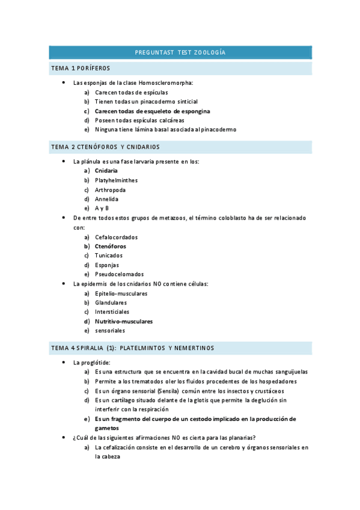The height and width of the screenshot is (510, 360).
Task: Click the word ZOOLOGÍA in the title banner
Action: click(x=209, y=53)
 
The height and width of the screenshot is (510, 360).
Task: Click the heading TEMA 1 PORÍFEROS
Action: click(x=81, y=69)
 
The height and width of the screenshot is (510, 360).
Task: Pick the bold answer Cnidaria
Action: click(x=106, y=171)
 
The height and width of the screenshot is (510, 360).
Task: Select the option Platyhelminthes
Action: click(x=116, y=180)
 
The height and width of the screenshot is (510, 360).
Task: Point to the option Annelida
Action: click(x=106, y=199)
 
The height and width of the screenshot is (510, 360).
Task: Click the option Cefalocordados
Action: click(x=116, y=237)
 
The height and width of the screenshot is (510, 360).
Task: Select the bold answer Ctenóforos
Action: click(x=111, y=247)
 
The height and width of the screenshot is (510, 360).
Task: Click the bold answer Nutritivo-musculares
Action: click(x=124, y=321)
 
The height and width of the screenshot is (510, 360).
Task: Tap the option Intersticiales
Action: click(x=112, y=312)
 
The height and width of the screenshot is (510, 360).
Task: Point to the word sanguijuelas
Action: click(x=286, y=372)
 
